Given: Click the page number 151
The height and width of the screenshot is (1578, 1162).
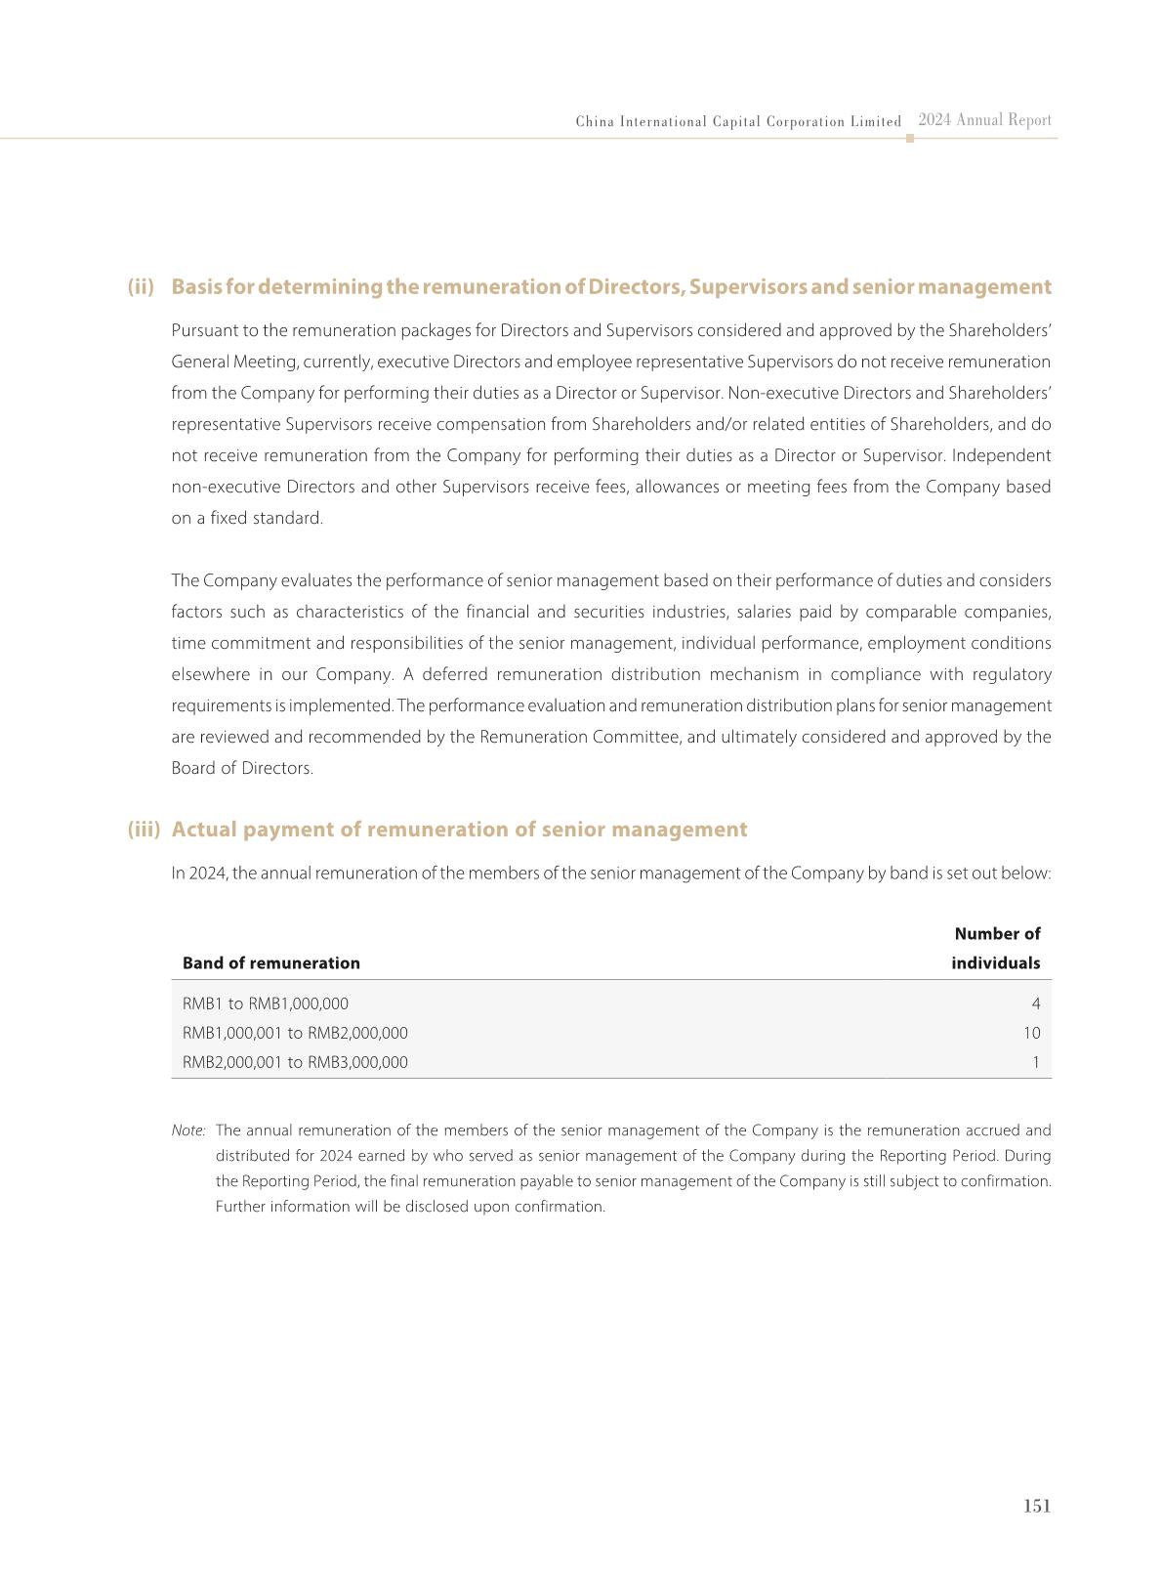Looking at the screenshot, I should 1036,1506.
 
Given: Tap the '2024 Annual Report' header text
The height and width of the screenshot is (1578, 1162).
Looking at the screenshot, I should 984,120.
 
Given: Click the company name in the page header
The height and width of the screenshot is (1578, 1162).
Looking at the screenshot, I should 738,122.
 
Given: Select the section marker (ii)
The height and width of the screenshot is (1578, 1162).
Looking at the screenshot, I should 141,287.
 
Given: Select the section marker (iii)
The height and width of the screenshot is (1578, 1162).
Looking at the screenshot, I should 144,830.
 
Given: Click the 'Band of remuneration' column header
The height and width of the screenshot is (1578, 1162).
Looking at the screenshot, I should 270,963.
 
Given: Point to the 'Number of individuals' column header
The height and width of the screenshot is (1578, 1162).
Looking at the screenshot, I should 996,949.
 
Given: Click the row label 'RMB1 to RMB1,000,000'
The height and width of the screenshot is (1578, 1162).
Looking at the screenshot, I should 265,1003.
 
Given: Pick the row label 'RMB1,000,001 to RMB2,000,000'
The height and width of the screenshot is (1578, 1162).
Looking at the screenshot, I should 295,1033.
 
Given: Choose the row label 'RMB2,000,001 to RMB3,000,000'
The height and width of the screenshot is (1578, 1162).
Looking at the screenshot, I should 295,1062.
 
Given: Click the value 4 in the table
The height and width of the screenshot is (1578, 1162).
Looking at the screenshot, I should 1035,1003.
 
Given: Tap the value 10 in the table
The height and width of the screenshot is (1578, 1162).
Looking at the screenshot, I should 1031,1033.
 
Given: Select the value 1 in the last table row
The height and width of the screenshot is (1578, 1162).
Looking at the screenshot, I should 1036,1062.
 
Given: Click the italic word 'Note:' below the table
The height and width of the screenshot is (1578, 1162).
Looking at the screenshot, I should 188,1130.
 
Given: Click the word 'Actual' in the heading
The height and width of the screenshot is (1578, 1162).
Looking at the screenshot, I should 204,830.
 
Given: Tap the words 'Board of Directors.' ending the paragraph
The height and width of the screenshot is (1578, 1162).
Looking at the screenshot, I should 242,768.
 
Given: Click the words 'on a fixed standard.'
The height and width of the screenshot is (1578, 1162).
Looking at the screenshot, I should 247,518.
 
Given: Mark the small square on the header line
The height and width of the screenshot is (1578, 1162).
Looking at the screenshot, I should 910,139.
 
